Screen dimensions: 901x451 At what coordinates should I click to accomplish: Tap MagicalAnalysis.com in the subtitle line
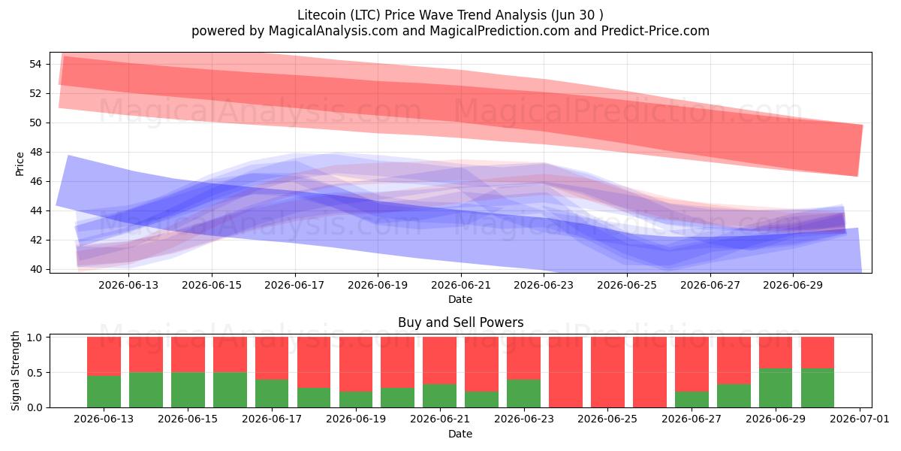[333, 31]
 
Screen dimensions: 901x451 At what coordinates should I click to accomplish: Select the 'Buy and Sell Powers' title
[460, 322]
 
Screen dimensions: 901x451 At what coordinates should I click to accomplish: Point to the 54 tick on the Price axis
[35, 64]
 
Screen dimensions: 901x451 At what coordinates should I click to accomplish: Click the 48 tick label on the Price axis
[35, 152]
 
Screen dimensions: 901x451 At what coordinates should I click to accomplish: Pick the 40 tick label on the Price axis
[35, 269]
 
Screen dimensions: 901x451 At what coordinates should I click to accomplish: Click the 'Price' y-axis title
[20, 164]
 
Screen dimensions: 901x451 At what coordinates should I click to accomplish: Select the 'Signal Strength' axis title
[15, 371]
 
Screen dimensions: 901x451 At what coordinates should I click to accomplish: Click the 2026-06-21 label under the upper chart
[461, 285]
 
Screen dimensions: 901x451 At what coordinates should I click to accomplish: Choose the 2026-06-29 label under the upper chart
[793, 285]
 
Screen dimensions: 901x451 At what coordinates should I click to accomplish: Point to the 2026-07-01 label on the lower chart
[860, 419]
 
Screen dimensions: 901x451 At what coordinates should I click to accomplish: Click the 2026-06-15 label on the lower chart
[188, 419]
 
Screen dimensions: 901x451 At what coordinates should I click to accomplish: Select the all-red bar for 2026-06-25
[607, 372]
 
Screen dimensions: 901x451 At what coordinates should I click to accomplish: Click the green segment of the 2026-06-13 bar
[104, 392]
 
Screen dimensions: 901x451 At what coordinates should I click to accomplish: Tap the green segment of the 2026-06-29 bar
[776, 388]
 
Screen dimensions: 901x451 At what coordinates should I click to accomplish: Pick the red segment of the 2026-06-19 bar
[356, 364]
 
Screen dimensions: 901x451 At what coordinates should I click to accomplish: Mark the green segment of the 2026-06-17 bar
[272, 393]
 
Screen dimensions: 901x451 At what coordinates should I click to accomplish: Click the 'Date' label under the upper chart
[460, 299]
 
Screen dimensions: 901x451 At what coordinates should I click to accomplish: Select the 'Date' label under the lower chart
[460, 434]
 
